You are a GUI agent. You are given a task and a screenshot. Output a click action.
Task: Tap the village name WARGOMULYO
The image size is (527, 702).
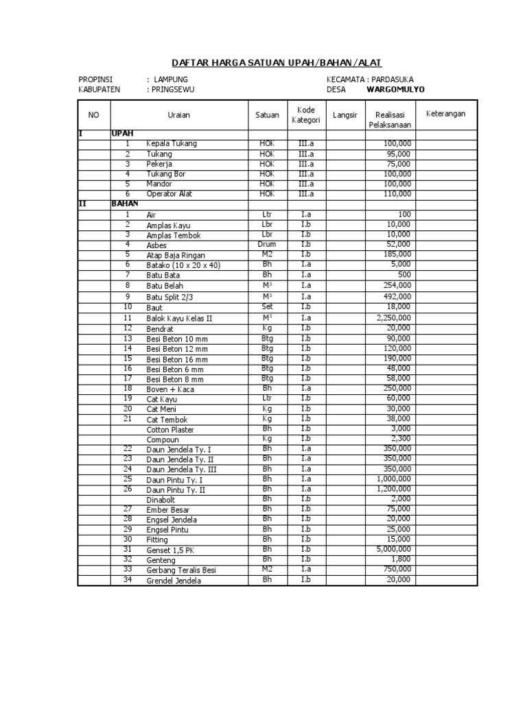(x=395, y=89)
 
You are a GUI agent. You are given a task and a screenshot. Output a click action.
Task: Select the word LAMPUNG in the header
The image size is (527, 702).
(x=171, y=80)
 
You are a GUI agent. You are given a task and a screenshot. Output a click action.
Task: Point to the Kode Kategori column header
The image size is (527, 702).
(x=305, y=115)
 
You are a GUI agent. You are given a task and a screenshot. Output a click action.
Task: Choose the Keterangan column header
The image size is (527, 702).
(x=445, y=113)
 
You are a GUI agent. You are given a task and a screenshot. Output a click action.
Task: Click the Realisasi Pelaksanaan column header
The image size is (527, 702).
(x=390, y=119)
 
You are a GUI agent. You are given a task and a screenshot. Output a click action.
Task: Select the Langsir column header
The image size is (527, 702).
(x=345, y=115)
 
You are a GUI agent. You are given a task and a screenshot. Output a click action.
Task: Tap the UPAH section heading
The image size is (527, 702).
(x=122, y=134)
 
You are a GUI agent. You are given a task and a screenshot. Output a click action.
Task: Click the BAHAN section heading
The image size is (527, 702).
(x=125, y=204)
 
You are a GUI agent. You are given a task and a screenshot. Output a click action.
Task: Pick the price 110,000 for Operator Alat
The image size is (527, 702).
(x=397, y=194)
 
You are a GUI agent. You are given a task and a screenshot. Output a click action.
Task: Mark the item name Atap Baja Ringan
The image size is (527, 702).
(x=174, y=255)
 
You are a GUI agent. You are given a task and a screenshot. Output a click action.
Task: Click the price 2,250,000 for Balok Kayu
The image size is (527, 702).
(x=393, y=318)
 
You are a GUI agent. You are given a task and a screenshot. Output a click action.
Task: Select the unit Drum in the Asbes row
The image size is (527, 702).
(x=267, y=244)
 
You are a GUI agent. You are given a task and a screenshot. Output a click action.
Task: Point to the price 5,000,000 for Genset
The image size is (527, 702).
(x=393, y=549)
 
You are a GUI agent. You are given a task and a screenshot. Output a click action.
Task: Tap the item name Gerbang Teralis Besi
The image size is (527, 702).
(x=181, y=570)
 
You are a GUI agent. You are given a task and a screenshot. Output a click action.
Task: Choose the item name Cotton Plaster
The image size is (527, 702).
(x=170, y=430)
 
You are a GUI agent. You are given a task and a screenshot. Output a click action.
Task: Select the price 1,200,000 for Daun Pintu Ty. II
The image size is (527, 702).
(x=393, y=489)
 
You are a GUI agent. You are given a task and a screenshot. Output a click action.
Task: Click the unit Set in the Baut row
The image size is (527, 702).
(x=267, y=306)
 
